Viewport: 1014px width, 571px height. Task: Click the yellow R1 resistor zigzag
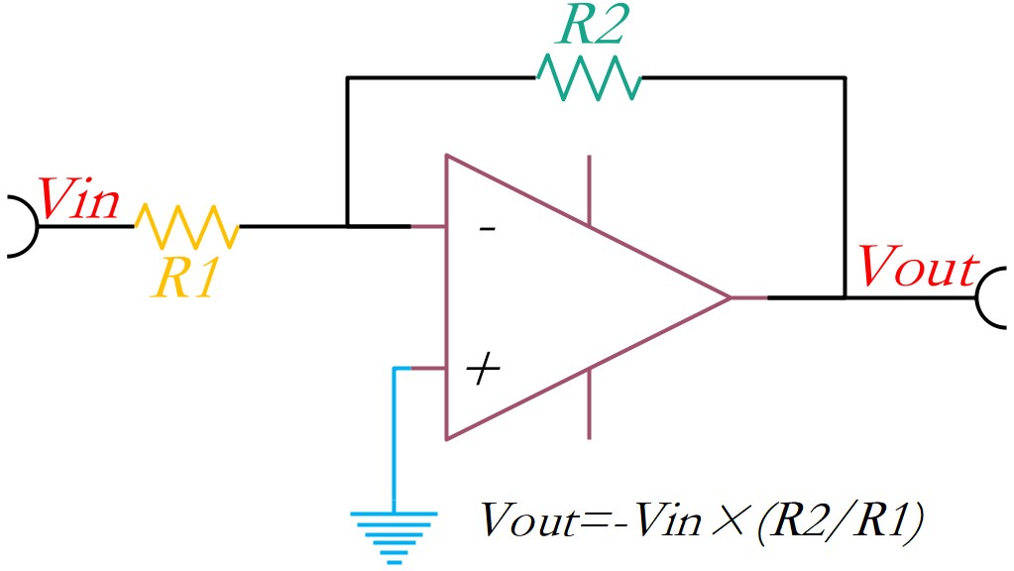coord(187,226)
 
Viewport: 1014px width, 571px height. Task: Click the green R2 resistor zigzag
coord(589,77)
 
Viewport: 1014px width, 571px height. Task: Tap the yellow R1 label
coord(184,278)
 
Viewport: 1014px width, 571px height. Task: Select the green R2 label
coord(593,25)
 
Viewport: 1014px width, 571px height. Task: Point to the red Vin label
coord(79,198)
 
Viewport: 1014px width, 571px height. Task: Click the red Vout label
coord(918,266)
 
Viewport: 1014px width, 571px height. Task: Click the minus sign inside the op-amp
coord(487,228)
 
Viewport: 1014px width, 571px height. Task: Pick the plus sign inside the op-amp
coord(483,369)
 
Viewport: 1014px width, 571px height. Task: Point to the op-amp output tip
coord(731,297)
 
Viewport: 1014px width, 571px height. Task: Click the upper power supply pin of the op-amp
coord(589,190)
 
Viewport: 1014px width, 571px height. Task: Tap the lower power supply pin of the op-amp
coord(589,404)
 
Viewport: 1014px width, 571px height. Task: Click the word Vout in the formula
coord(528,519)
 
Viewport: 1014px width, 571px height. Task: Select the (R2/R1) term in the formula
coord(839,520)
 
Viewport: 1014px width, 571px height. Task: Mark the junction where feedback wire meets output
coord(845,297)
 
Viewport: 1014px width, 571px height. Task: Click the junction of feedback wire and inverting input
coord(347,226)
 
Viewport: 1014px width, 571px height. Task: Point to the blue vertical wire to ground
coord(394,440)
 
